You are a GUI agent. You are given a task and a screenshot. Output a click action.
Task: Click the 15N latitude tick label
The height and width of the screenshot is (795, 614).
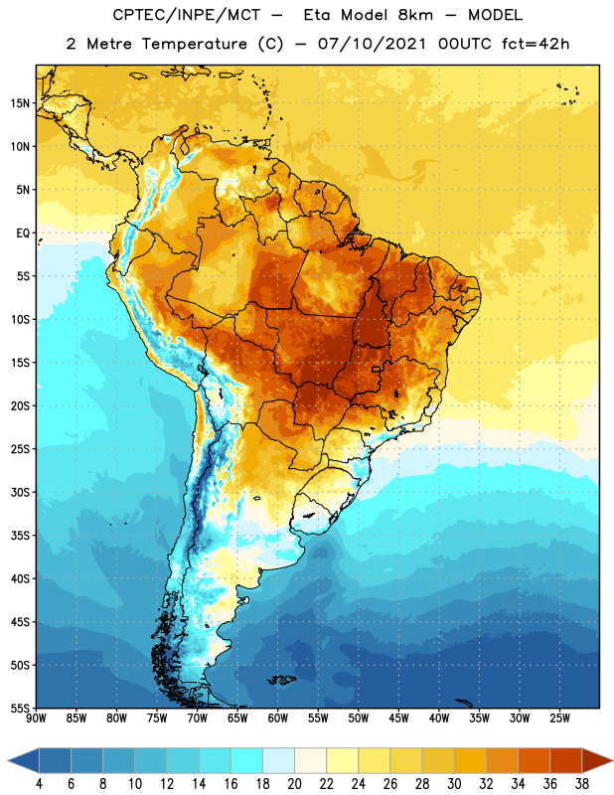pyautogui.click(x=20, y=103)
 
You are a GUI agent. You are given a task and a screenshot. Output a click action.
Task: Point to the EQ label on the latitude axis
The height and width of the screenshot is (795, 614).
pyautogui.click(x=23, y=234)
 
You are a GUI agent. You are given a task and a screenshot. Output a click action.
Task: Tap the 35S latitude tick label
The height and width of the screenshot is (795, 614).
pyautogui.click(x=20, y=536)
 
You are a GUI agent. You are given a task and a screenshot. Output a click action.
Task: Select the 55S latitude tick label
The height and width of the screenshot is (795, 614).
pyautogui.click(x=20, y=708)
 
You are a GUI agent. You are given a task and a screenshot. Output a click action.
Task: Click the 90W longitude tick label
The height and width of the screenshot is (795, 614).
pyautogui.click(x=36, y=718)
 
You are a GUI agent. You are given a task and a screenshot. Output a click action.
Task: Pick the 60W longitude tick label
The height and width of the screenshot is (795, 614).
pyautogui.click(x=278, y=718)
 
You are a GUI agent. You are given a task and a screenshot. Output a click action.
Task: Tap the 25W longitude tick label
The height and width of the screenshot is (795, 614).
pyautogui.click(x=559, y=718)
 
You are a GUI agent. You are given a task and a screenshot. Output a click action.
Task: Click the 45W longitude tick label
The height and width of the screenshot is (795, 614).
pyautogui.click(x=398, y=718)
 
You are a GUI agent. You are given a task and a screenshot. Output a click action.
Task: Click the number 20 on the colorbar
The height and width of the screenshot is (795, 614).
pyautogui.click(x=294, y=784)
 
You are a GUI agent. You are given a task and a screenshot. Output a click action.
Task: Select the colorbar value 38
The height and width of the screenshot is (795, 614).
pyautogui.click(x=582, y=784)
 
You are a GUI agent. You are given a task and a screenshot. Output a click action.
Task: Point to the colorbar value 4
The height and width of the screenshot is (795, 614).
pyautogui.click(x=39, y=784)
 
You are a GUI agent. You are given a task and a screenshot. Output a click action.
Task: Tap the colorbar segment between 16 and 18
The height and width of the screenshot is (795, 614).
pyautogui.click(x=247, y=760)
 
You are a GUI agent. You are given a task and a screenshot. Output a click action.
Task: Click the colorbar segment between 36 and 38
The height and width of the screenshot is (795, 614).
pyautogui.click(x=566, y=760)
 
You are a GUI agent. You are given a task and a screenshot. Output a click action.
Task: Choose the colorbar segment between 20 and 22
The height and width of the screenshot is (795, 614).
pyautogui.click(x=310, y=760)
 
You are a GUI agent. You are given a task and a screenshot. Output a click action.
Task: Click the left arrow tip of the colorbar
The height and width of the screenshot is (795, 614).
pyautogui.click(x=8, y=760)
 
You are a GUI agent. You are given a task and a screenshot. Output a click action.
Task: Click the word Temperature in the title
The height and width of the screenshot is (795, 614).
pyautogui.click(x=194, y=44)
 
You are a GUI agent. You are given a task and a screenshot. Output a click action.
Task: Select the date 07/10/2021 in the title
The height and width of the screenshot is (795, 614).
pyautogui.click(x=373, y=44)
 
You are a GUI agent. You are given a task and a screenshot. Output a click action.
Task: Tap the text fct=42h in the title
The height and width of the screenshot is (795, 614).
pyautogui.click(x=536, y=44)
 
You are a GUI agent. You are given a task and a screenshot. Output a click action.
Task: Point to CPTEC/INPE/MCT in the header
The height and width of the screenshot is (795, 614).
pyautogui.click(x=187, y=15)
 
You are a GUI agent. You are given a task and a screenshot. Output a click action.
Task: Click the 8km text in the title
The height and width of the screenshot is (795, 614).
pyautogui.click(x=415, y=15)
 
